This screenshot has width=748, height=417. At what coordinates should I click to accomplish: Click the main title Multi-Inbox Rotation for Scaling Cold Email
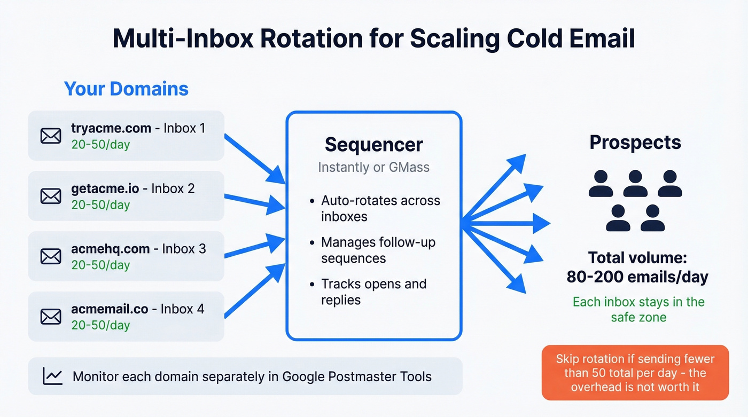(x=373, y=39)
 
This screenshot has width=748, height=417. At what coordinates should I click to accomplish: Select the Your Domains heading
(x=126, y=88)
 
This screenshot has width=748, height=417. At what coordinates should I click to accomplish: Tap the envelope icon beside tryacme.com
(x=51, y=136)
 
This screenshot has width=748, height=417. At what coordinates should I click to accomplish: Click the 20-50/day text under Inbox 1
(x=100, y=145)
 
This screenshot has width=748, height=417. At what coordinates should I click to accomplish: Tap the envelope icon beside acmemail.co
(x=51, y=317)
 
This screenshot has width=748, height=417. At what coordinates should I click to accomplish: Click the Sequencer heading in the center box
(x=373, y=145)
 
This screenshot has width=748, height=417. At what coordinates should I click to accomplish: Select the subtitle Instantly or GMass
(x=373, y=167)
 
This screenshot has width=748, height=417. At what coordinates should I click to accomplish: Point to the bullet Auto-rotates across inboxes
(x=380, y=208)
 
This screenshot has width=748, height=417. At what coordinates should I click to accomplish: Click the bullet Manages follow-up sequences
(x=378, y=250)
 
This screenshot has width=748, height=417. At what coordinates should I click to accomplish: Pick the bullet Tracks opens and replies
(x=373, y=292)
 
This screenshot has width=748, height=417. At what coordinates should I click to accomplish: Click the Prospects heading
(x=635, y=143)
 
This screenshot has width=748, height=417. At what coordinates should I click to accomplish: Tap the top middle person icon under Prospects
(x=635, y=184)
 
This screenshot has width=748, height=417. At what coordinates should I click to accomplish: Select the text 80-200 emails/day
(x=637, y=277)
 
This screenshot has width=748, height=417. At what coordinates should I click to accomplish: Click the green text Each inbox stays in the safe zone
(x=638, y=310)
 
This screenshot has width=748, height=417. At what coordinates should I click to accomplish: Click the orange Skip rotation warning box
(x=635, y=372)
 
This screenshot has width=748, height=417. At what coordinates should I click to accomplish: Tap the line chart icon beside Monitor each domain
(x=52, y=376)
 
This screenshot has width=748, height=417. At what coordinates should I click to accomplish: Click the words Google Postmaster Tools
(x=356, y=376)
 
